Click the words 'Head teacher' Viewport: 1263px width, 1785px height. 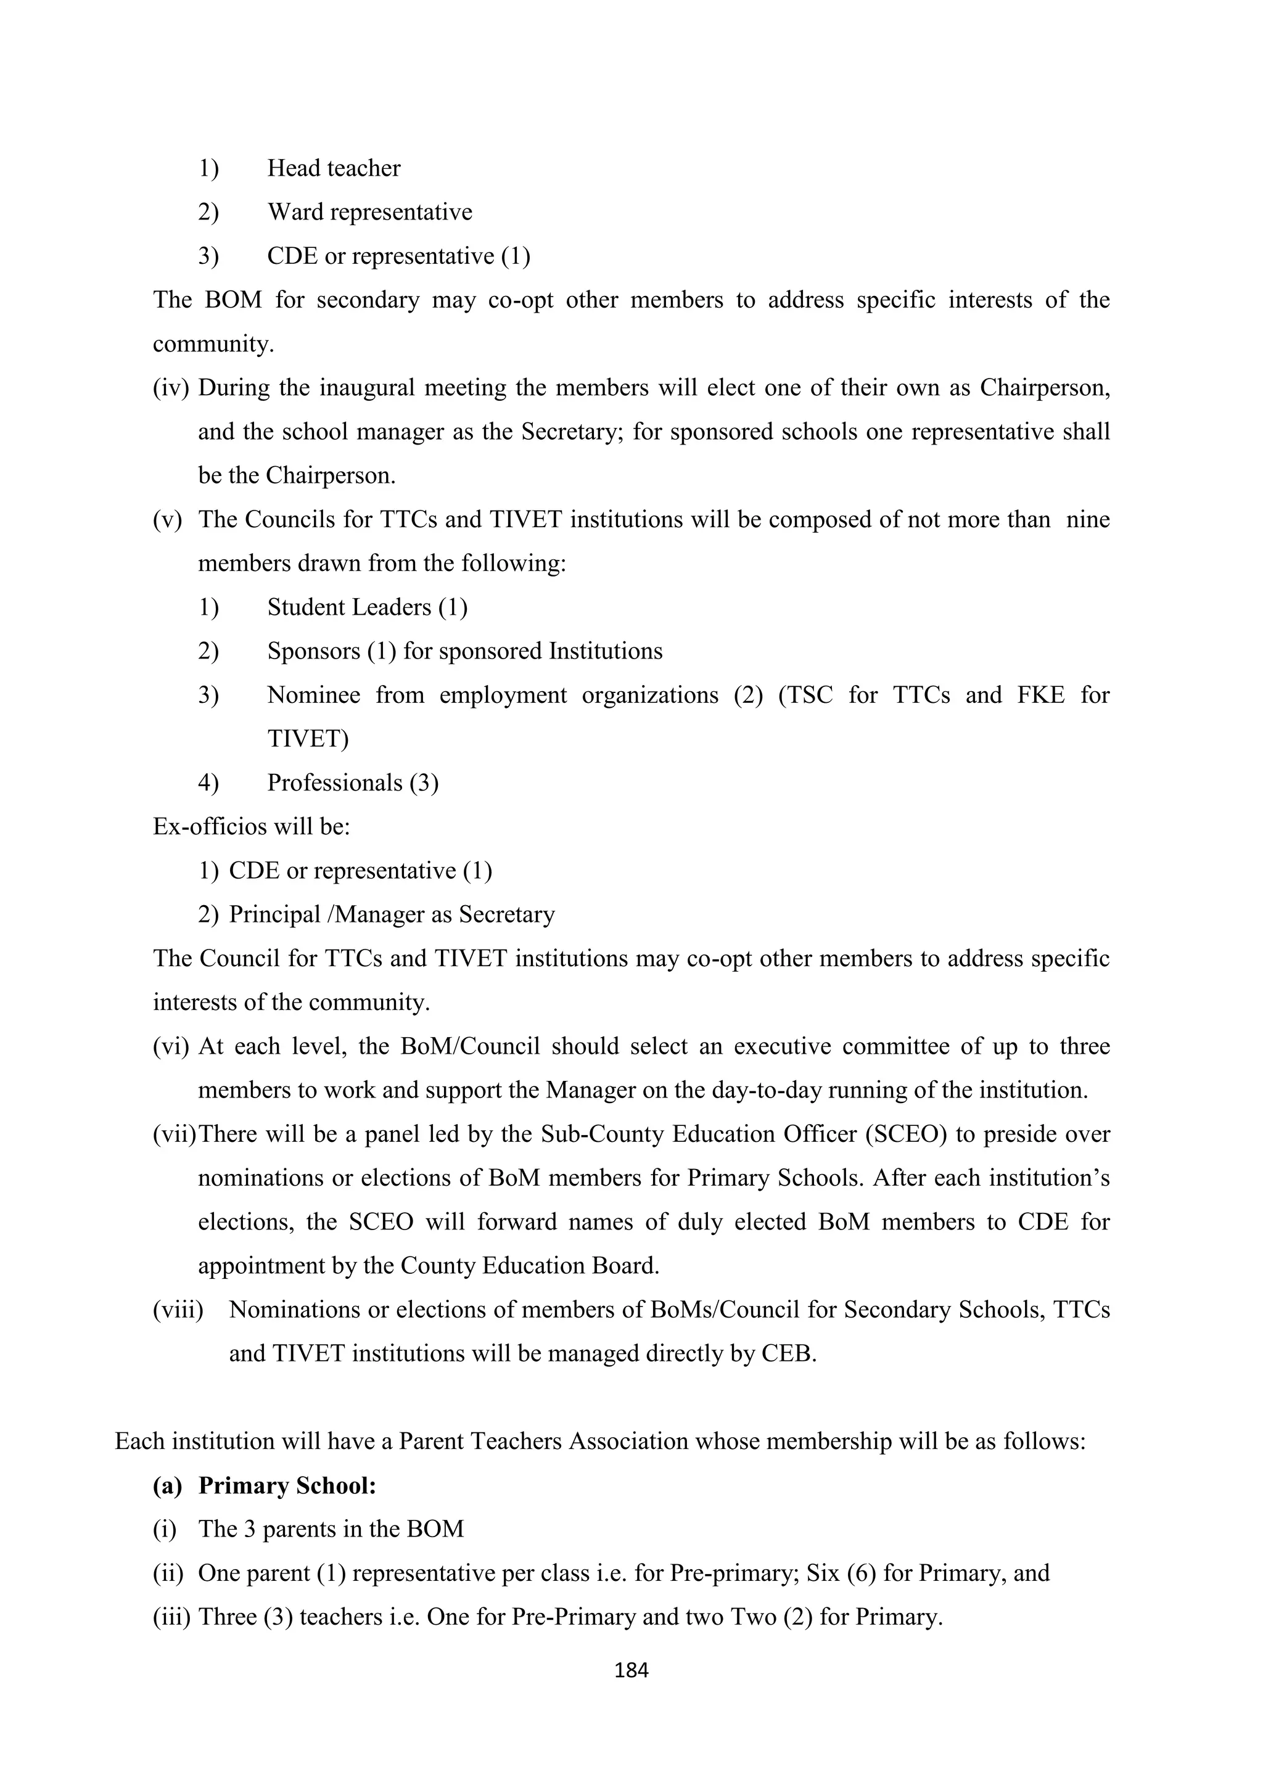(334, 168)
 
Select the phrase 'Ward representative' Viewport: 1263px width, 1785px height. (369, 212)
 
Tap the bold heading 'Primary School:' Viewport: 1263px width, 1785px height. (287, 1486)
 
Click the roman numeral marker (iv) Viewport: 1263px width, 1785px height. (171, 388)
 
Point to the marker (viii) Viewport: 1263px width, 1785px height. (178, 1310)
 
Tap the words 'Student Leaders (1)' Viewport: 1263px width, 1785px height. (367, 607)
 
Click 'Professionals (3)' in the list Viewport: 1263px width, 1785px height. (353, 783)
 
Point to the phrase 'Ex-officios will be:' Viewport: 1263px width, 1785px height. (251, 826)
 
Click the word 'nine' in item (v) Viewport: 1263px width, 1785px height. (1087, 519)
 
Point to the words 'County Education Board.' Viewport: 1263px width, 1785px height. (530, 1266)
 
